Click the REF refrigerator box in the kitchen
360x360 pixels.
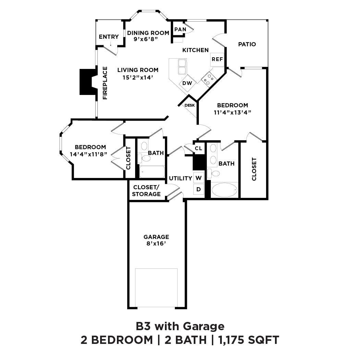pos(217,59)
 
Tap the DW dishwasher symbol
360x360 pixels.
pos(187,83)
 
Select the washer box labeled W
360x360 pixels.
pos(199,178)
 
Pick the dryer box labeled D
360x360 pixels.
pos(199,189)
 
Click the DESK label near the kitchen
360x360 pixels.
pos(190,105)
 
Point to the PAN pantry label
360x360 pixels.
pos(180,29)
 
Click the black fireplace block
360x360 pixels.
pos(87,82)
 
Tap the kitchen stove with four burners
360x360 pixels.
pos(209,80)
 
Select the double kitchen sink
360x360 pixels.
pos(182,67)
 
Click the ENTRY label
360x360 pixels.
pos(109,37)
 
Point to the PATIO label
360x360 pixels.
pos(247,44)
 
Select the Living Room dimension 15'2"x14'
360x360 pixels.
pos(138,77)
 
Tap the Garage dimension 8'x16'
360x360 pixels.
pos(156,244)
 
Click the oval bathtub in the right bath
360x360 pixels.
pos(224,190)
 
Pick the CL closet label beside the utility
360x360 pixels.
pos(198,148)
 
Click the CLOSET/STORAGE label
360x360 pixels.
pos(146,191)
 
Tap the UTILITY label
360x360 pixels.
pos(180,178)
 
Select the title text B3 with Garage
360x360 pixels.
pos(180,326)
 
